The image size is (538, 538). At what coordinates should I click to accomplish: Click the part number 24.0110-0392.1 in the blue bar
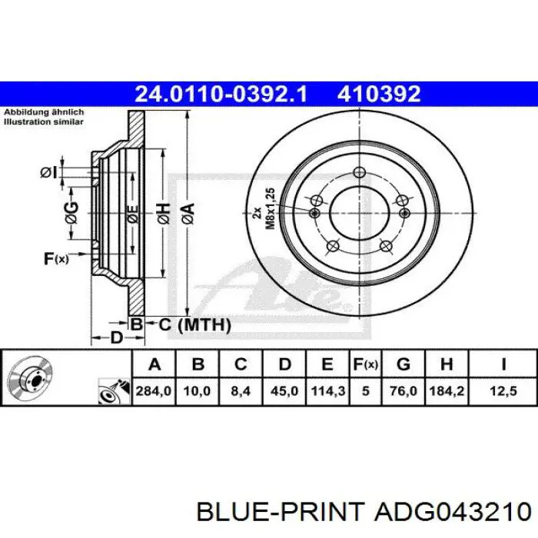(221, 94)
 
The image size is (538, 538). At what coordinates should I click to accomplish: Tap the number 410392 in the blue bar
(379, 94)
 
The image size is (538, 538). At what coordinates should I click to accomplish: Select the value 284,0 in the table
(154, 390)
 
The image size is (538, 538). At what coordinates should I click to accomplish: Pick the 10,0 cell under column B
(197, 390)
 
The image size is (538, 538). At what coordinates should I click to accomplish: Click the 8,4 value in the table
(241, 390)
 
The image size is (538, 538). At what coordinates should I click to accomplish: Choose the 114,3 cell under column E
(327, 390)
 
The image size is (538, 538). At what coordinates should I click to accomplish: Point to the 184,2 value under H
(447, 390)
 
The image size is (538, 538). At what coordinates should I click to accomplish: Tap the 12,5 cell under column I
(503, 390)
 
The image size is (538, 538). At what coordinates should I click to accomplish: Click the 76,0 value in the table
(403, 390)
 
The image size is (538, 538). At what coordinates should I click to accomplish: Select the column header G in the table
(403, 364)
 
